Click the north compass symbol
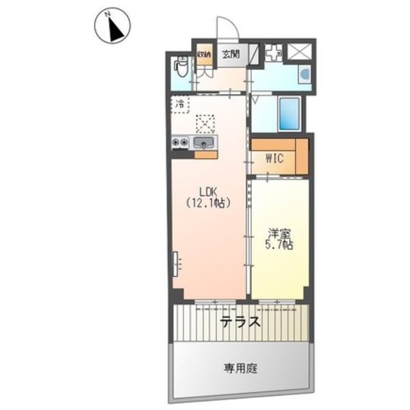pyautogui.click(x=112, y=26)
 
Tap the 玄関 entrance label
pyautogui.click(x=231, y=54)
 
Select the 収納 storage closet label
pyautogui.click(x=204, y=54)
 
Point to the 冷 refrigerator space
pyautogui.click(x=180, y=104)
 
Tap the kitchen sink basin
pyautogui.click(x=203, y=143)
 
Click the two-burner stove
pyautogui.click(x=180, y=142)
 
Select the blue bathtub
pyautogui.click(x=289, y=113)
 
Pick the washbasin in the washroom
pyautogui.click(x=305, y=74)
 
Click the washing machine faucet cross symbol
pyautogui.click(x=274, y=52)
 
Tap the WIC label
pyautogui.click(x=274, y=158)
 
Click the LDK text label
pyautogui.click(x=208, y=192)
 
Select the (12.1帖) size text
pyautogui.click(x=208, y=202)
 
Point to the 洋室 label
pyautogui.click(x=279, y=234)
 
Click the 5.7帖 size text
pyautogui.click(x=279, y=245)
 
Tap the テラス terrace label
pyautogui.click(x=240, y=322)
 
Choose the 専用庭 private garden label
pyautogui.click(x=241, y=368)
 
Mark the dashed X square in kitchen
pyautogui.click(x=205, y=124)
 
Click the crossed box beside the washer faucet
pyautogui.click(x=300, y=52)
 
